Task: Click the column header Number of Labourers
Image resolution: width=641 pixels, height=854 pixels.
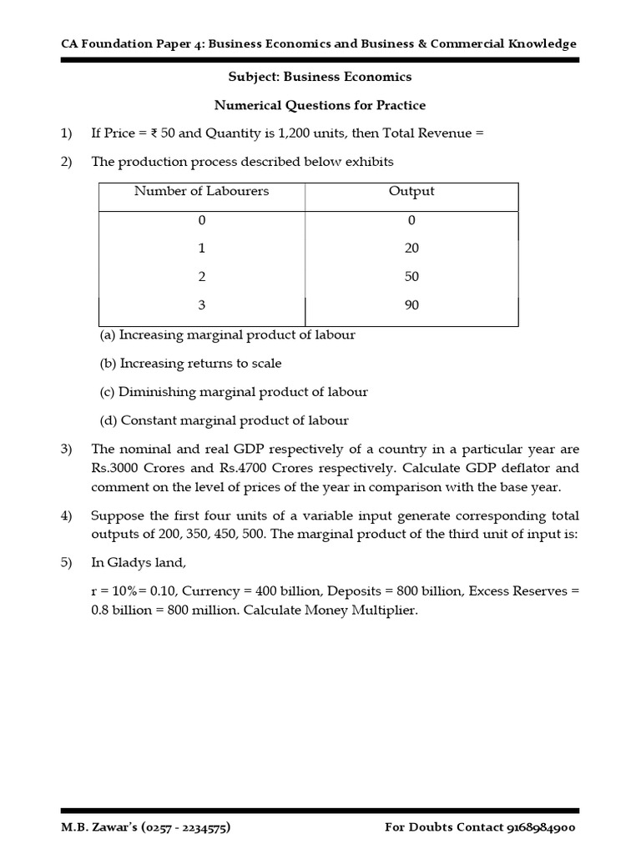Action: tap(201, 191)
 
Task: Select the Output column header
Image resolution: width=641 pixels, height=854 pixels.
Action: tap(411, 191)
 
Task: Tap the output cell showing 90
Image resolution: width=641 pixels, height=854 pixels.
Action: tap(411, 305)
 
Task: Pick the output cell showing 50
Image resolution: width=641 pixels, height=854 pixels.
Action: tap(411, 277)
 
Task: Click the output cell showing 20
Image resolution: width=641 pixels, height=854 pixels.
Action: tap(411, 249)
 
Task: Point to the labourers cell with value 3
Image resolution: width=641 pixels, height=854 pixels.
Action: tap(201, 305)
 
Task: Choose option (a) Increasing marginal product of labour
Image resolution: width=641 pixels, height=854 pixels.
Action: tap(227, 335)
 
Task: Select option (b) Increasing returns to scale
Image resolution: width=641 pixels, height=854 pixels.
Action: tap(190, 364)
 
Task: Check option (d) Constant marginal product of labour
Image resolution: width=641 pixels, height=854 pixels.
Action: tap(224, 421)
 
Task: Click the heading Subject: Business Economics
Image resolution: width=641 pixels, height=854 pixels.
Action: tap(320, 77)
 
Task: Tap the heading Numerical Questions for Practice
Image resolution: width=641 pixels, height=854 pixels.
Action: tap(320, 105)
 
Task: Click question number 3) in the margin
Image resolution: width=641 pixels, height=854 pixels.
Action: tap(67, 450)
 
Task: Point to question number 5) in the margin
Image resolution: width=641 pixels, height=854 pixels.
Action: tap(67, 563)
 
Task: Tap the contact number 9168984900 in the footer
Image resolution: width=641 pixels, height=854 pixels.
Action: tap(539, 828)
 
